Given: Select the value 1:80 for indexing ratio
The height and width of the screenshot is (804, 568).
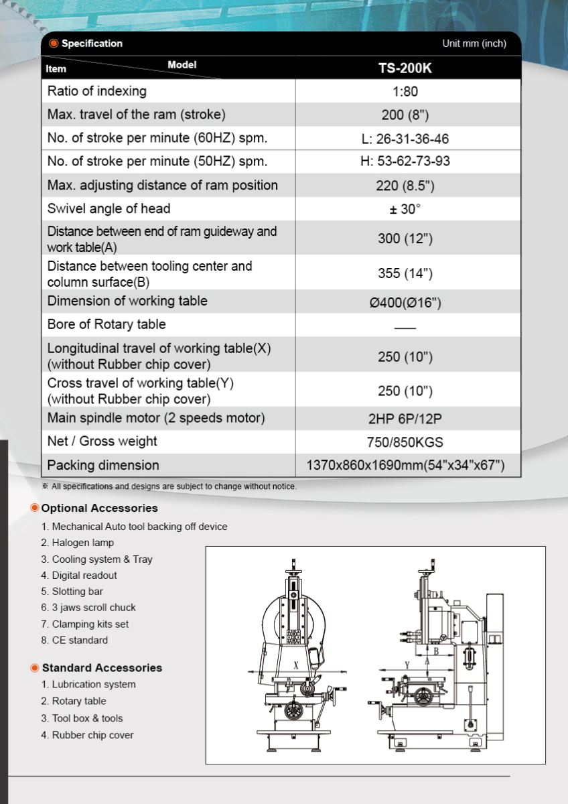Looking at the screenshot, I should point(405,91).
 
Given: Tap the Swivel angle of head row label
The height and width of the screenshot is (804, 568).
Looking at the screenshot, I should point(109,208).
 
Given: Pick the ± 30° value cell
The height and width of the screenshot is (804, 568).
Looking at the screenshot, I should point(405,209).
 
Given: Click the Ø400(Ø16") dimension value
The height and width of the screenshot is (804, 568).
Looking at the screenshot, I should point(405,302).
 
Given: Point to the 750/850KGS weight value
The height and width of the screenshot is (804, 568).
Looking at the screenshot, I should point(405,442).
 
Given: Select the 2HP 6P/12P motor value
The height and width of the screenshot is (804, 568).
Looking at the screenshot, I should point(405,419).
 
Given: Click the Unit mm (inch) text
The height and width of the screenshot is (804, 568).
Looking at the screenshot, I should point(474,44).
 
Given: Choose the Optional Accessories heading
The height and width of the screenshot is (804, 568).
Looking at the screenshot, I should point(99,508).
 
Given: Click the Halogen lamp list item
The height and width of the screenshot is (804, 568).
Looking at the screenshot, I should point(82,543).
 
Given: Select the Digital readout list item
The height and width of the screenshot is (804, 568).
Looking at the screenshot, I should point(84,576).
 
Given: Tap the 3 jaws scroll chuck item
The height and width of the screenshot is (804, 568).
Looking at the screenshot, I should point(93,608).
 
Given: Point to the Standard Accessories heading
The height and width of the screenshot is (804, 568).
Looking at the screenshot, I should point(102,668).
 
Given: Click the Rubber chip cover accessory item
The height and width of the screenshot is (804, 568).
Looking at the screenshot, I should point(92,735).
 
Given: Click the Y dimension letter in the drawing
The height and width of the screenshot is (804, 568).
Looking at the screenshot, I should point(407,664).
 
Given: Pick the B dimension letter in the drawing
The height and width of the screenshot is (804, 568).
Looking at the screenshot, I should point(436,651).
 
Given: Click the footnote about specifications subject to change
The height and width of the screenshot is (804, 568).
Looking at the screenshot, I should point(173,486).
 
